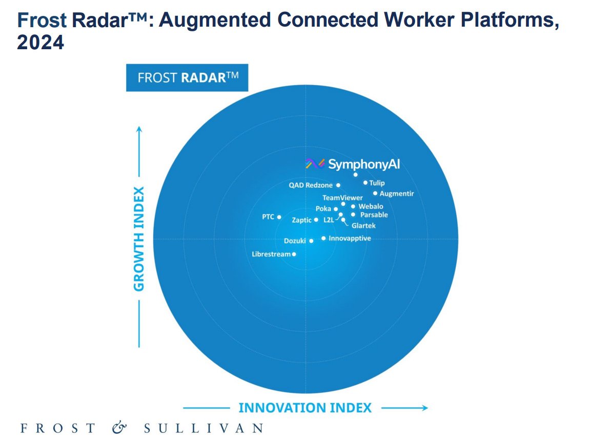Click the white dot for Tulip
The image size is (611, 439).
coord(365,183)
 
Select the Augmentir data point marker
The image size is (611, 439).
coord(375,193)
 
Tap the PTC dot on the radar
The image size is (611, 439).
coord(279,217)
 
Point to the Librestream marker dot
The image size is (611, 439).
coord(294,254)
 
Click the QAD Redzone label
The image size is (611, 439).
coord(311,185)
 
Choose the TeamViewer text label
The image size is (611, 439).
coord(342,197)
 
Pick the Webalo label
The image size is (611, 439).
coord(371,206)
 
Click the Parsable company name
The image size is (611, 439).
coord(374,215)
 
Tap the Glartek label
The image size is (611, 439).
coord(363,226)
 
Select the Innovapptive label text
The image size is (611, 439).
coord(350,238)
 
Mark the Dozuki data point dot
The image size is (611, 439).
coord(311,241)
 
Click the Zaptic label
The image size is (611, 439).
coord(301,220)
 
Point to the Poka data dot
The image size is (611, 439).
coord(336,209)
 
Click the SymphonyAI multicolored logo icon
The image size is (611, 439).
coord(315,164)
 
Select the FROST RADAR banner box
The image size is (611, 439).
coord(187,77)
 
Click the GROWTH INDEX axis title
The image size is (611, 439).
coord(139,238)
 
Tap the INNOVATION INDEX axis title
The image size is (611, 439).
coord(305,408)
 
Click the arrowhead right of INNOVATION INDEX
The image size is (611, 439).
coord(425,408)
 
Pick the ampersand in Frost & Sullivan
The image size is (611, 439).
coord(119,428)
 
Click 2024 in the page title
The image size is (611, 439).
coord(40,42)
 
